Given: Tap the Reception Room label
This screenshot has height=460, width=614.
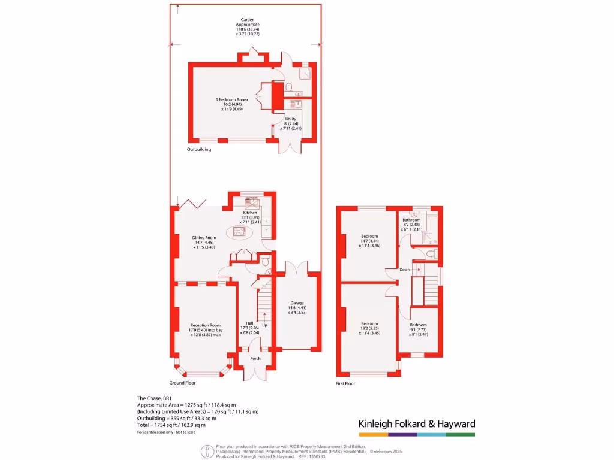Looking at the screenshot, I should point(206,325).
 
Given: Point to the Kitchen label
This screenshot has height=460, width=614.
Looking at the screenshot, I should point(249,213).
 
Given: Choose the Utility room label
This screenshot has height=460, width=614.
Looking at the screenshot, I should point(290,119).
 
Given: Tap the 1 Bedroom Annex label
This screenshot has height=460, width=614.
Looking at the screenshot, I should point(232,99).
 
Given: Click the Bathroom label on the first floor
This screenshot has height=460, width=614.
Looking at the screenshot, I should point(411,220).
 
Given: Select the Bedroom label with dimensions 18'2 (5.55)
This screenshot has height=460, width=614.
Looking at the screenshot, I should point(369,323).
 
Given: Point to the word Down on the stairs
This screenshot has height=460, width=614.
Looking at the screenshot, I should point(405,270).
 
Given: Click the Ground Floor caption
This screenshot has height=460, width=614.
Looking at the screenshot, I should point(182,382).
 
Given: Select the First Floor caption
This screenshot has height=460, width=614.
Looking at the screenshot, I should point(345,383).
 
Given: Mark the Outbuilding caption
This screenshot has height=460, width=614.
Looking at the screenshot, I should point(199,149).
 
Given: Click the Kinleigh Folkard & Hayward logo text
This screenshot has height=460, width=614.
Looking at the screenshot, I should point(417,424).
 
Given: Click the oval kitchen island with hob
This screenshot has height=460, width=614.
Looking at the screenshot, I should point(239,232).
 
